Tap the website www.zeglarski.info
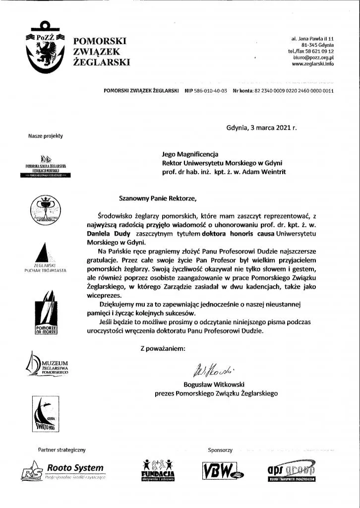point(312,64)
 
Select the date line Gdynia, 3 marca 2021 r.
point(261,127)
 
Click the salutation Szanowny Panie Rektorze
point(158,199)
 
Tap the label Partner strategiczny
point(62,450)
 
